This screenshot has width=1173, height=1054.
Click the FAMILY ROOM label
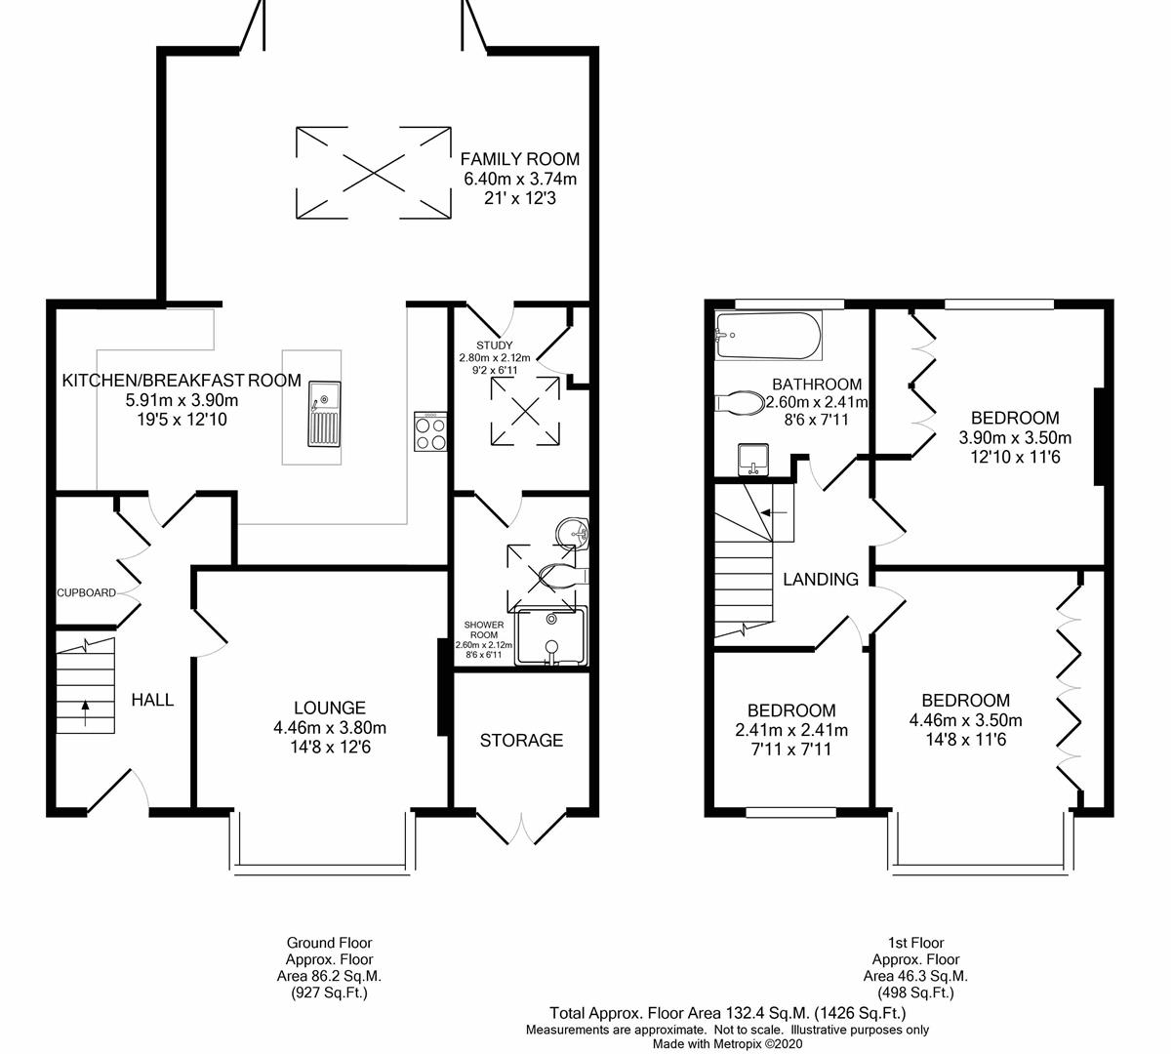point(519,159)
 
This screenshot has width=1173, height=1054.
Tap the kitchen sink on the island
point(324,414)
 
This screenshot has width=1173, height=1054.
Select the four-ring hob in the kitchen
point(430,431)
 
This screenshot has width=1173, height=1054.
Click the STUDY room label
point(495,345)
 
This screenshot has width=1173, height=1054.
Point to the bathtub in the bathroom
point(769,336)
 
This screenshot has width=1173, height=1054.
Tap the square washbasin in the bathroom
point(753,460)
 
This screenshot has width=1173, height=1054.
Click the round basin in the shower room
point(572,532)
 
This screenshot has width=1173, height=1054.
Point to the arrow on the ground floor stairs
point(86,712)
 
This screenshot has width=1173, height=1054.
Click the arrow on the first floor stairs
point(774,512)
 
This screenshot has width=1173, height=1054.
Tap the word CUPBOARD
point(86,592)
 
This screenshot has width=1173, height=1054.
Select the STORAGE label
point(521,740)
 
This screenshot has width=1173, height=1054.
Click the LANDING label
point(821,579)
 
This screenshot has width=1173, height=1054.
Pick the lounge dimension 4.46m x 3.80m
point(330,727)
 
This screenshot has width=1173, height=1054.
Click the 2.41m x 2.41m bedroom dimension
point(791,730)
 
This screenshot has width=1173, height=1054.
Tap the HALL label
point(152,700)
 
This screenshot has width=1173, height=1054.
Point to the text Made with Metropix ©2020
point(728,1043)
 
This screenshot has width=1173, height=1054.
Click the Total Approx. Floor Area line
point(728,1013)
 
